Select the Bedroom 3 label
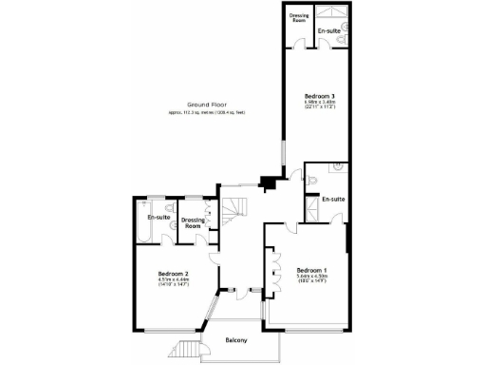[318, 96]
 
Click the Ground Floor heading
[206, 104]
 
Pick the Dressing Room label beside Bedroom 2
[194, 223]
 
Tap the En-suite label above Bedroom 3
[329, 31]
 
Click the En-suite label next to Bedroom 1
[332, 200]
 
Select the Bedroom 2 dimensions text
[174, 284]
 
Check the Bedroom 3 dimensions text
[318, 106]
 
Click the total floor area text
[207, 113]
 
